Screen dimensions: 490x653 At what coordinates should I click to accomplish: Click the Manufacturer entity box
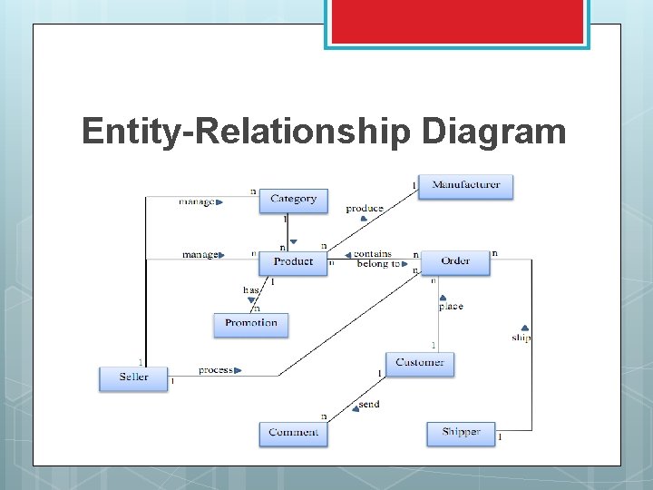coord(465,186)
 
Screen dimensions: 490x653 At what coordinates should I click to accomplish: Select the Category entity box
coord(293,200)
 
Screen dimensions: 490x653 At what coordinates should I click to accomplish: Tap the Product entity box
coord(293,262)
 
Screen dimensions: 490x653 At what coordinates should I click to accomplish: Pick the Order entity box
coord(455,262)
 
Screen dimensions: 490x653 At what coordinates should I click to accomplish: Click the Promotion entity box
coord(251,324)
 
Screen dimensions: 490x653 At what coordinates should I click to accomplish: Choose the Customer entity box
coord(419,363)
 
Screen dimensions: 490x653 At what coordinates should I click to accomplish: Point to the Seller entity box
coord(133,377)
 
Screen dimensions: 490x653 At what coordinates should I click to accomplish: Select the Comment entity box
coord(293,433)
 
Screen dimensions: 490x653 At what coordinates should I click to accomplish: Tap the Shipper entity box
coord(461,433)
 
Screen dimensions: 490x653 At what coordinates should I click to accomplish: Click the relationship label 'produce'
coord(364,209)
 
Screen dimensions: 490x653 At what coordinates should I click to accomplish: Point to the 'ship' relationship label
coord(521,338)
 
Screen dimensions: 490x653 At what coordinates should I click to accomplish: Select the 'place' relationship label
coord(451,307)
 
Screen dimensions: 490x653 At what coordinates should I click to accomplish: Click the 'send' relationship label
coord(368,404)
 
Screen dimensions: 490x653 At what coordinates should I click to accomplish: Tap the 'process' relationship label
coord(216,370)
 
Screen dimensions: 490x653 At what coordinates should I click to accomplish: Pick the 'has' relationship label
coord(250,290)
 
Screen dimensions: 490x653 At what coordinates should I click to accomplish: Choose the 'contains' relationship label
coord(372,254)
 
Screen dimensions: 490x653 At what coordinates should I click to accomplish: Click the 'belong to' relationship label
coord(376,264)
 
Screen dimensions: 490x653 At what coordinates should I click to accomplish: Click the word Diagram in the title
coord(493,132)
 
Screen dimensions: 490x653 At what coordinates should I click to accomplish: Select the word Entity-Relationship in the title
coord(245,132)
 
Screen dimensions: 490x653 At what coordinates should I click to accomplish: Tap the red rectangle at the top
coord(457,22)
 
